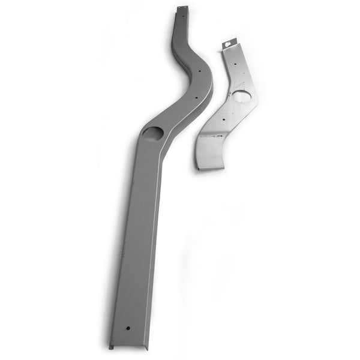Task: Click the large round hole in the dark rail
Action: coord(154,133)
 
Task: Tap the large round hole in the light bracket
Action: coord(241,96)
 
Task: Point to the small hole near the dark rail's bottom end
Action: coord(128,328)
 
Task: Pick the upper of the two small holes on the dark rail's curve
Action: coord(198,70)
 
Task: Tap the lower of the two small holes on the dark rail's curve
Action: coord(196,94)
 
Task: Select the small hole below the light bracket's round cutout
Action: coord(224,119)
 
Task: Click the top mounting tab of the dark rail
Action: coord(182,8)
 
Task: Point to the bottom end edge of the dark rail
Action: coord(129,346)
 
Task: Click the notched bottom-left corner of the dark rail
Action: coord(111,346)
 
